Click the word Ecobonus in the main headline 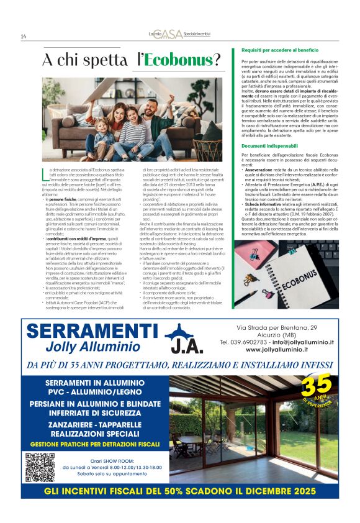click(x=180, y=60)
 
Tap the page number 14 click(x=24, y=36)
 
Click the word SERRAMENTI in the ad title click(x=93, y=330)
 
